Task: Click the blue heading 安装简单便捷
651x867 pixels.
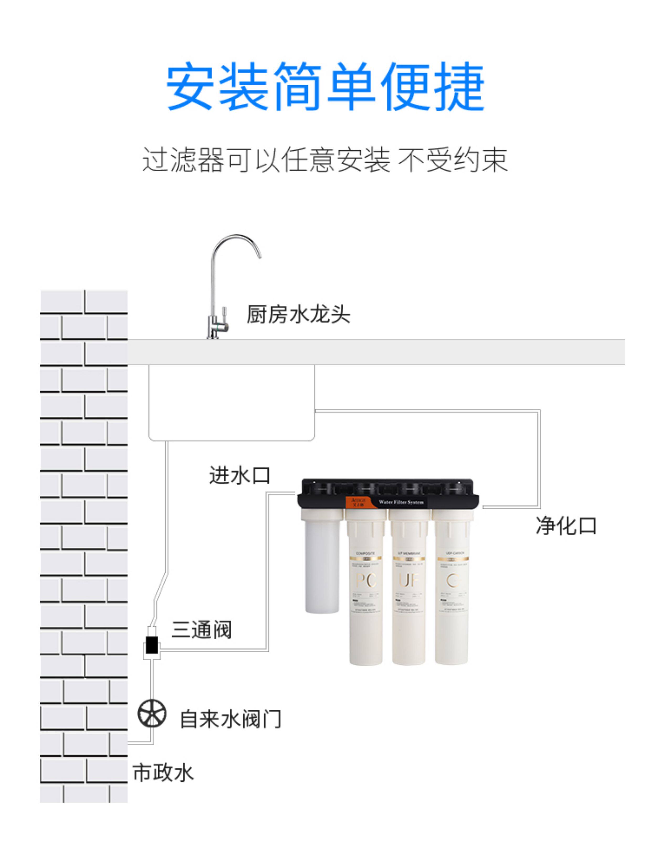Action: pyautogui.click(x=325, y=87)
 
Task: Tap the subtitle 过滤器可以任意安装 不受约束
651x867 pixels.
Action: pyautogui.click(x=325, y=160)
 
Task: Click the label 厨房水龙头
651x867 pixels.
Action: pyautogui.click(x=298, y=314)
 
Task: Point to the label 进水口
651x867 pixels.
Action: pyautogui.click(x=240, y=476)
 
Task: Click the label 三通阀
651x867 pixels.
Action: pyautogui.click(x=201, y=630)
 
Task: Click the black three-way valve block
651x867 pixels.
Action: pyautogui.click(x=152, y=645)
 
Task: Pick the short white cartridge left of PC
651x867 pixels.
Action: pyautogui.click(x=322, y=561)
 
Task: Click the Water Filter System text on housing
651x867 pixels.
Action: pyautogui.click(x=401, y=502)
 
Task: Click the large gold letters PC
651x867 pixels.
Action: pyautogui.click(x=365, y=580)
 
